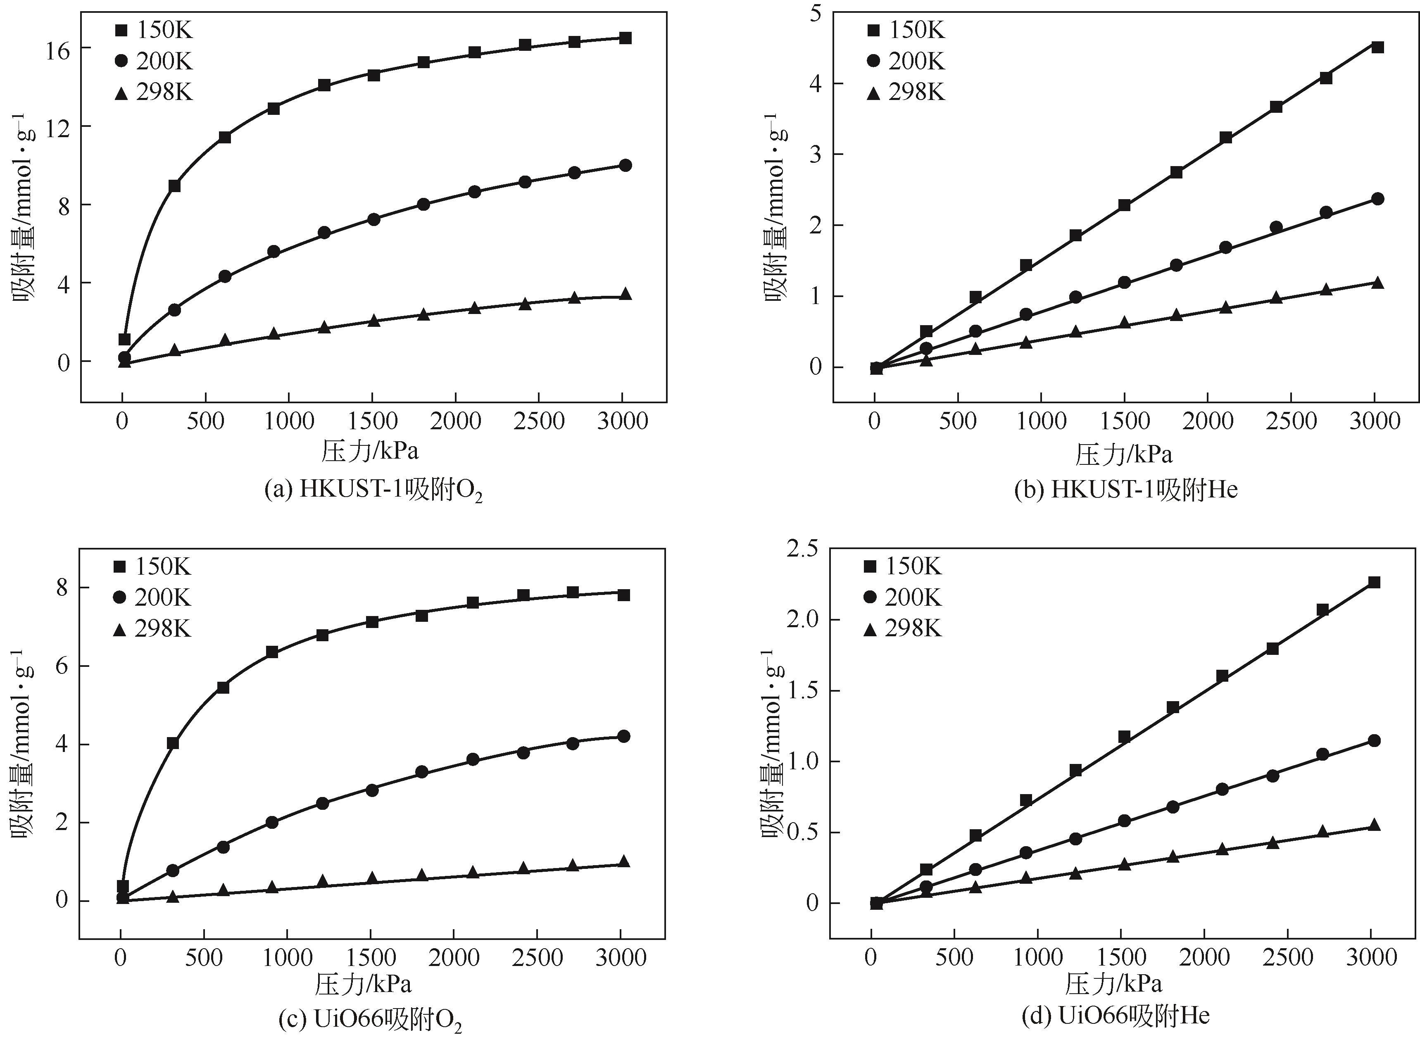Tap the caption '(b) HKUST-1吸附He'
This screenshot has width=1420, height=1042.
tap(1125, 490)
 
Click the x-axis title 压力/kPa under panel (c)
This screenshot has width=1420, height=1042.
tap(363, 985)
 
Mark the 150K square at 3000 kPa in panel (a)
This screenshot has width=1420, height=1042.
tap(624, 38)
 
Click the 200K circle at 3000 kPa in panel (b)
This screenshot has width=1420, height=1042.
tap(1377, 199)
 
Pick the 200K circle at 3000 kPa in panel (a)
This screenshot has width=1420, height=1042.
tap(625, 165)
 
